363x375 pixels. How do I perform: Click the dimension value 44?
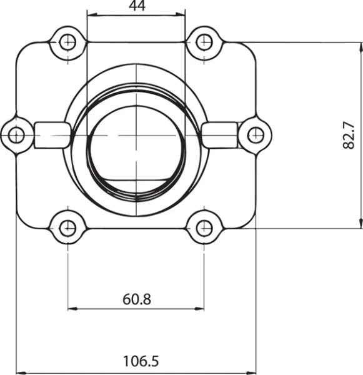(136, 6)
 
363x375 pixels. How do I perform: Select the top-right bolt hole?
(204, 42)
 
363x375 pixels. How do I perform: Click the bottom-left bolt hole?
(67, 227)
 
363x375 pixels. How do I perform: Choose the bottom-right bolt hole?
(204, 227)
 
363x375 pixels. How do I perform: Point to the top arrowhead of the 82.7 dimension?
(360, 46)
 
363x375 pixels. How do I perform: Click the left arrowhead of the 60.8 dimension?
(71, 307)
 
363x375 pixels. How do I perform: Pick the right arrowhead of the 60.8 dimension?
(200, 307)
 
